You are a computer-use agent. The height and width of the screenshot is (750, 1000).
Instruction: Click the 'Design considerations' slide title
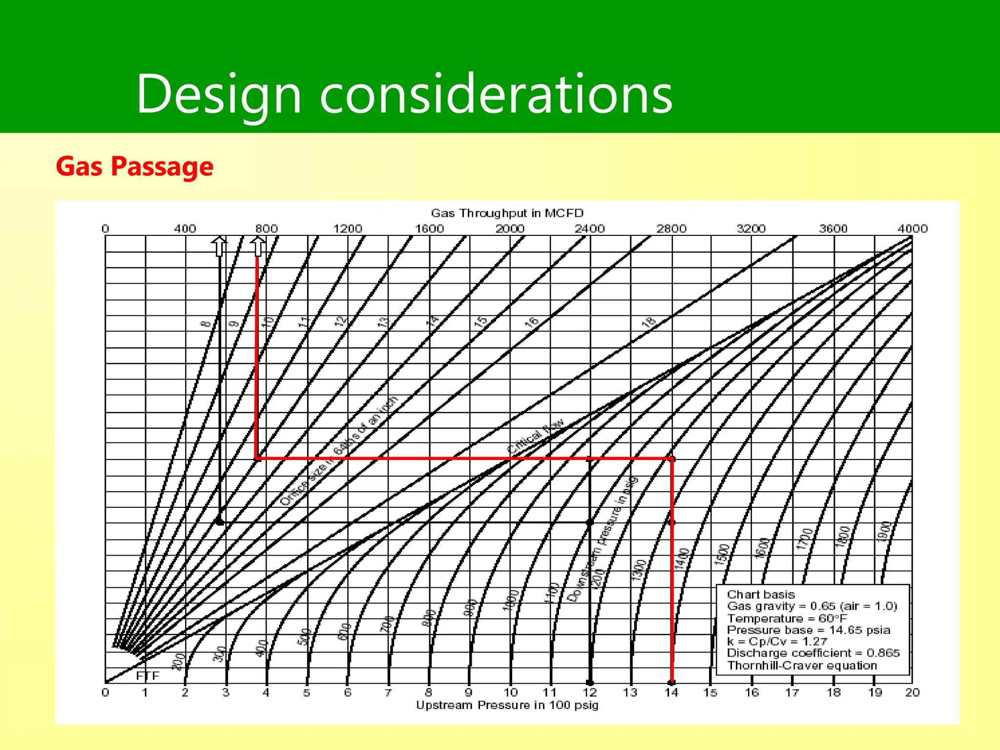point(404,94)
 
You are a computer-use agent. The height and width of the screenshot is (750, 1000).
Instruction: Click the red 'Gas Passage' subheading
point(135,167)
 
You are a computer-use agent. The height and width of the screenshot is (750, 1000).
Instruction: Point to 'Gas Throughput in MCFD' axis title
point(507,213)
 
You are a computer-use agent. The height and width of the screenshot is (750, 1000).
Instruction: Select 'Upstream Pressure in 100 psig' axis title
point(507,705)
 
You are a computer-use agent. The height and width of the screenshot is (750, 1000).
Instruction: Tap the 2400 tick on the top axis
point(589,229)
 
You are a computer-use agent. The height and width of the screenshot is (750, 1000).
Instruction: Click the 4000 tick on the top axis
point(912,229)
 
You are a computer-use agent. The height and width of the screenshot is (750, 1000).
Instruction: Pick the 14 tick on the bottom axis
point(671,692)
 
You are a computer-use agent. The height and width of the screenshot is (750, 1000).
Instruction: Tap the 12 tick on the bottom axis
point(590,692)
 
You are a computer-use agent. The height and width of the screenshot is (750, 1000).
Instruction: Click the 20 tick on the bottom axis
point(912,692)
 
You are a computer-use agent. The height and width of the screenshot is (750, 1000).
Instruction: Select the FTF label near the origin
point(147,676)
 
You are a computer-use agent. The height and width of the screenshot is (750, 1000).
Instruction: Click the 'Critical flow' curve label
point(536,436)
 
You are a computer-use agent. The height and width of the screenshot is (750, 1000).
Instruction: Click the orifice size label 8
point(207,323)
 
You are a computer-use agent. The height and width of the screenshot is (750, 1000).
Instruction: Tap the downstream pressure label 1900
point(885,531)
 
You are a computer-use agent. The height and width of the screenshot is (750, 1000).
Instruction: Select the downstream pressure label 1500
point(722,555)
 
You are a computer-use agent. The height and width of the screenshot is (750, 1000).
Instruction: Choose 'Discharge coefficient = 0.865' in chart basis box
point(813,653)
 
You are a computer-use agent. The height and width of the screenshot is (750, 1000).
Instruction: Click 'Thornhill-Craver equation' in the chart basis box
point(802,666)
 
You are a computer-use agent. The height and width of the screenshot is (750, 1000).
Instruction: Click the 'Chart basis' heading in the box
point(761,594)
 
